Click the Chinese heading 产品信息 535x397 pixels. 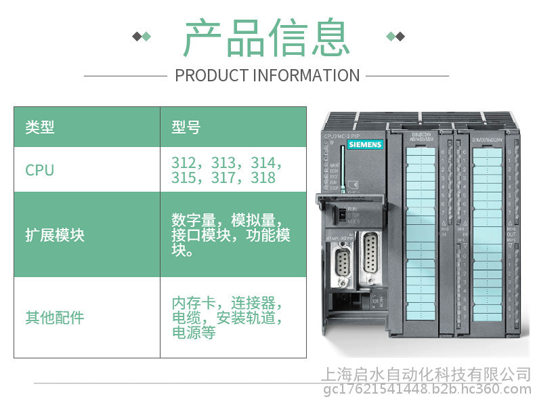(x=267, y=37)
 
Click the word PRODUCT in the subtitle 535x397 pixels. (x=211, y=75)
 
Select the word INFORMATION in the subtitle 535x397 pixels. (x=306, y=75)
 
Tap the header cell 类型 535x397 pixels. (x=40, y=127)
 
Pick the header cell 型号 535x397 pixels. (x=186, y=127)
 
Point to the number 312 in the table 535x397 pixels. (x=184, y=163)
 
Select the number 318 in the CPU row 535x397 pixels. (x=262, y=178)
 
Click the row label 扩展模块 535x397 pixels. (x=55, y=235)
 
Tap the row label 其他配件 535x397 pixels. (x=55, y=317)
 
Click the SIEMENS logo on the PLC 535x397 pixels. (x=365, y=144)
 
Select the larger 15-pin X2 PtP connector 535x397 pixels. (x=370, y=256)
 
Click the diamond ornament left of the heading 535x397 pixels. (x=142, y=36)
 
